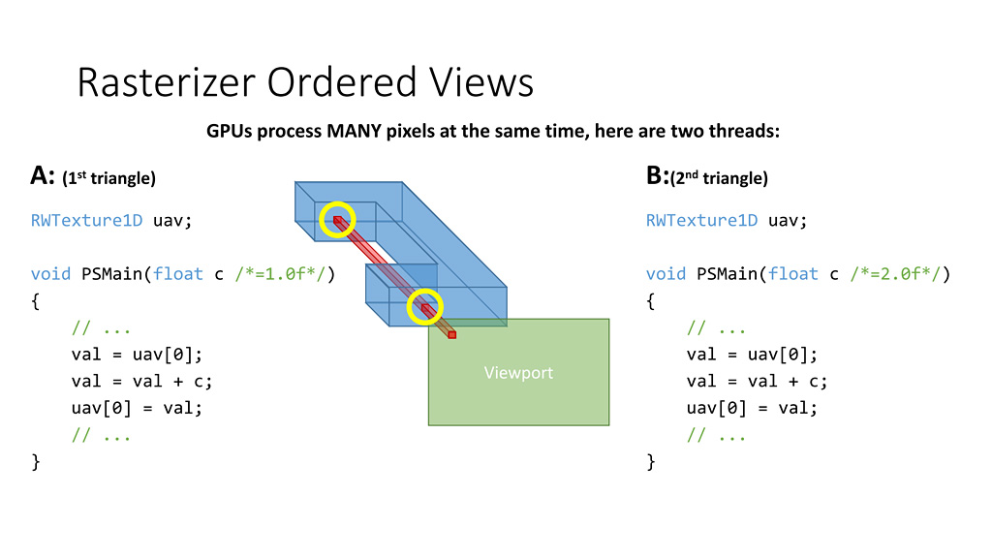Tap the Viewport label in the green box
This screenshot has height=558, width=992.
518,373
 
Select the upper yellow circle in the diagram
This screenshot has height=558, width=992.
338,221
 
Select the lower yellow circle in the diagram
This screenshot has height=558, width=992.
424,307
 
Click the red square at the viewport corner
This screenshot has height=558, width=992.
451,334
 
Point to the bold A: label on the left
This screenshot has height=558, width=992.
43,176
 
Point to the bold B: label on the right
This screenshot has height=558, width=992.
657,176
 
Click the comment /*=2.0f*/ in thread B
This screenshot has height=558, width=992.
903,274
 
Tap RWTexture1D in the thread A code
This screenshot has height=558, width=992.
87,221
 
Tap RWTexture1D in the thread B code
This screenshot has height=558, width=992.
702,221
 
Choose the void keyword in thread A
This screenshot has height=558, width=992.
50,274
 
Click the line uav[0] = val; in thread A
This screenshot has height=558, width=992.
137,408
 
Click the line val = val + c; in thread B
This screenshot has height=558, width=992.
758,381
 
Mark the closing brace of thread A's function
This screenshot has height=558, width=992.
36,461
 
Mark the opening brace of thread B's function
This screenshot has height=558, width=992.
651,301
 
